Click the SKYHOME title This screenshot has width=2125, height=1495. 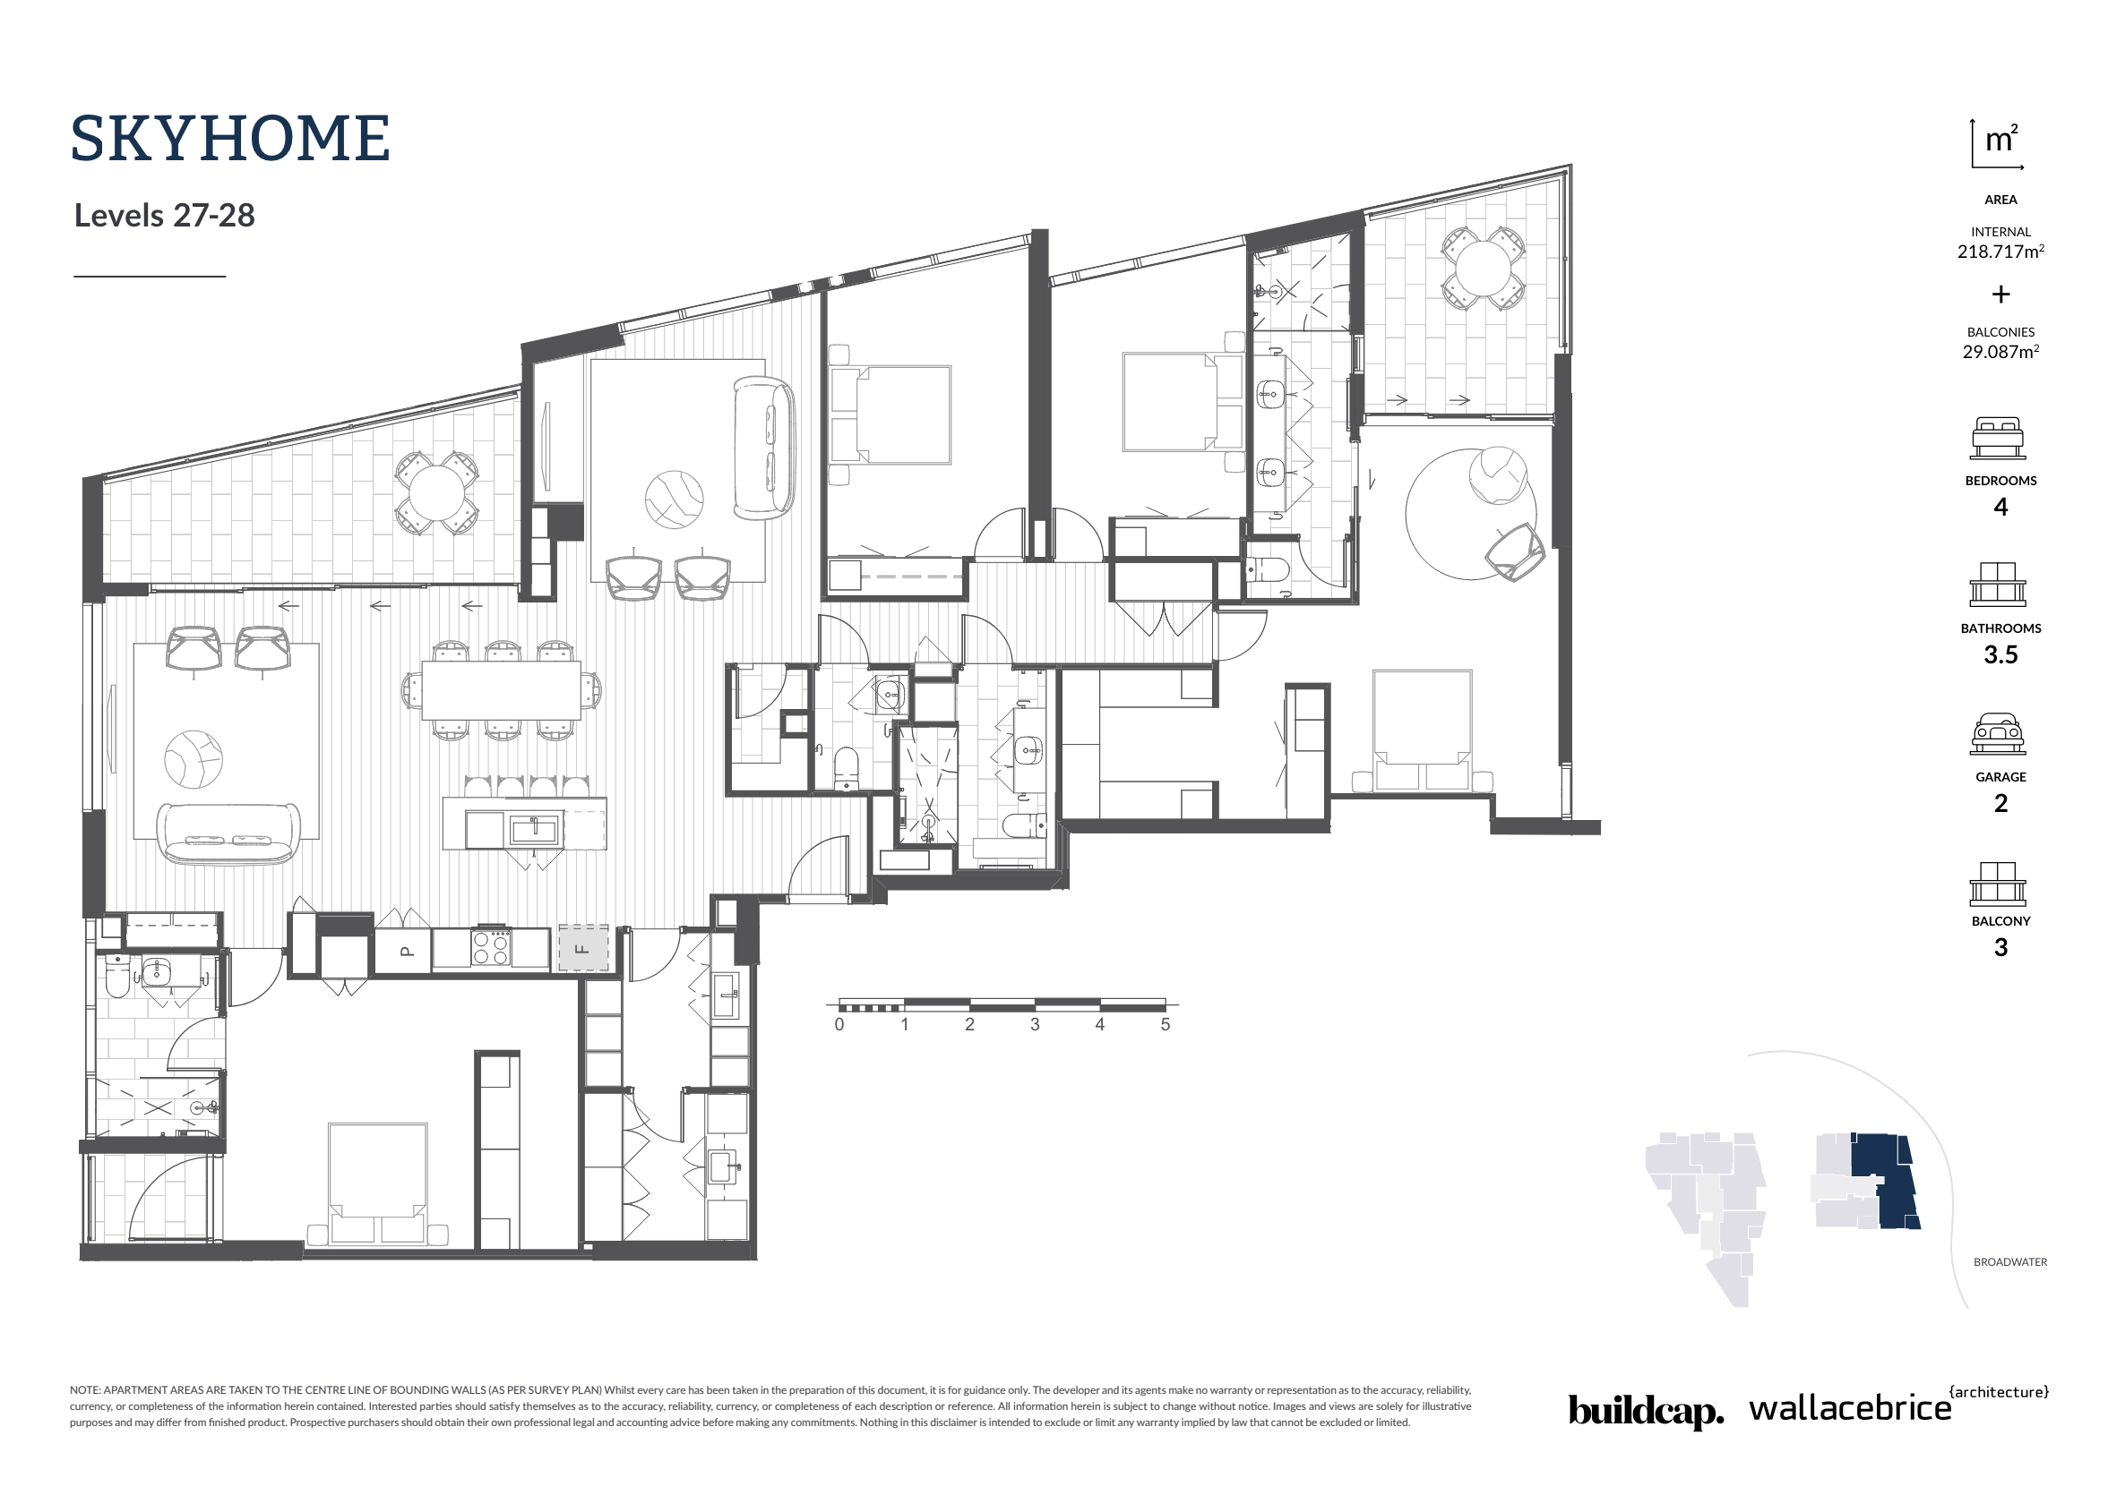[x=229, y=140]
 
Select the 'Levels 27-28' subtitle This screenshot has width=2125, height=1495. [x=164, y=216]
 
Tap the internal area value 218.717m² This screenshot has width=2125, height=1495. [x=2000, y=252]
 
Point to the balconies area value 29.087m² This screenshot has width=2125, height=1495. [x=2000, y=352]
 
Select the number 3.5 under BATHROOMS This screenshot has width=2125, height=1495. [x=2000, y=655]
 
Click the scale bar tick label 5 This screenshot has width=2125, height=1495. [x=1166, y=1025]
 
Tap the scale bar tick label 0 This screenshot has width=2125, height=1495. [x=839, y=1025]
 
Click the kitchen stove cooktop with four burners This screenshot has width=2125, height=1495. [x=491, y=946]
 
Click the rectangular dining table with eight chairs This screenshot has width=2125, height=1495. [x=502, y=690]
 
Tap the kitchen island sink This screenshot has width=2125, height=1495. [x=533, y=829]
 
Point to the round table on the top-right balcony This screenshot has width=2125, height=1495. [x=1483, y=269]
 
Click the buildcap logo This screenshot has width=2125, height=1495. [x=1646, y=1410]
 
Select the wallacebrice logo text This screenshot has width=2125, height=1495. [x=1849, y=1408]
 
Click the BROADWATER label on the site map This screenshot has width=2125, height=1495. [x=2009, y=1262]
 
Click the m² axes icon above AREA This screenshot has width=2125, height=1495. [x=1998, y=145]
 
